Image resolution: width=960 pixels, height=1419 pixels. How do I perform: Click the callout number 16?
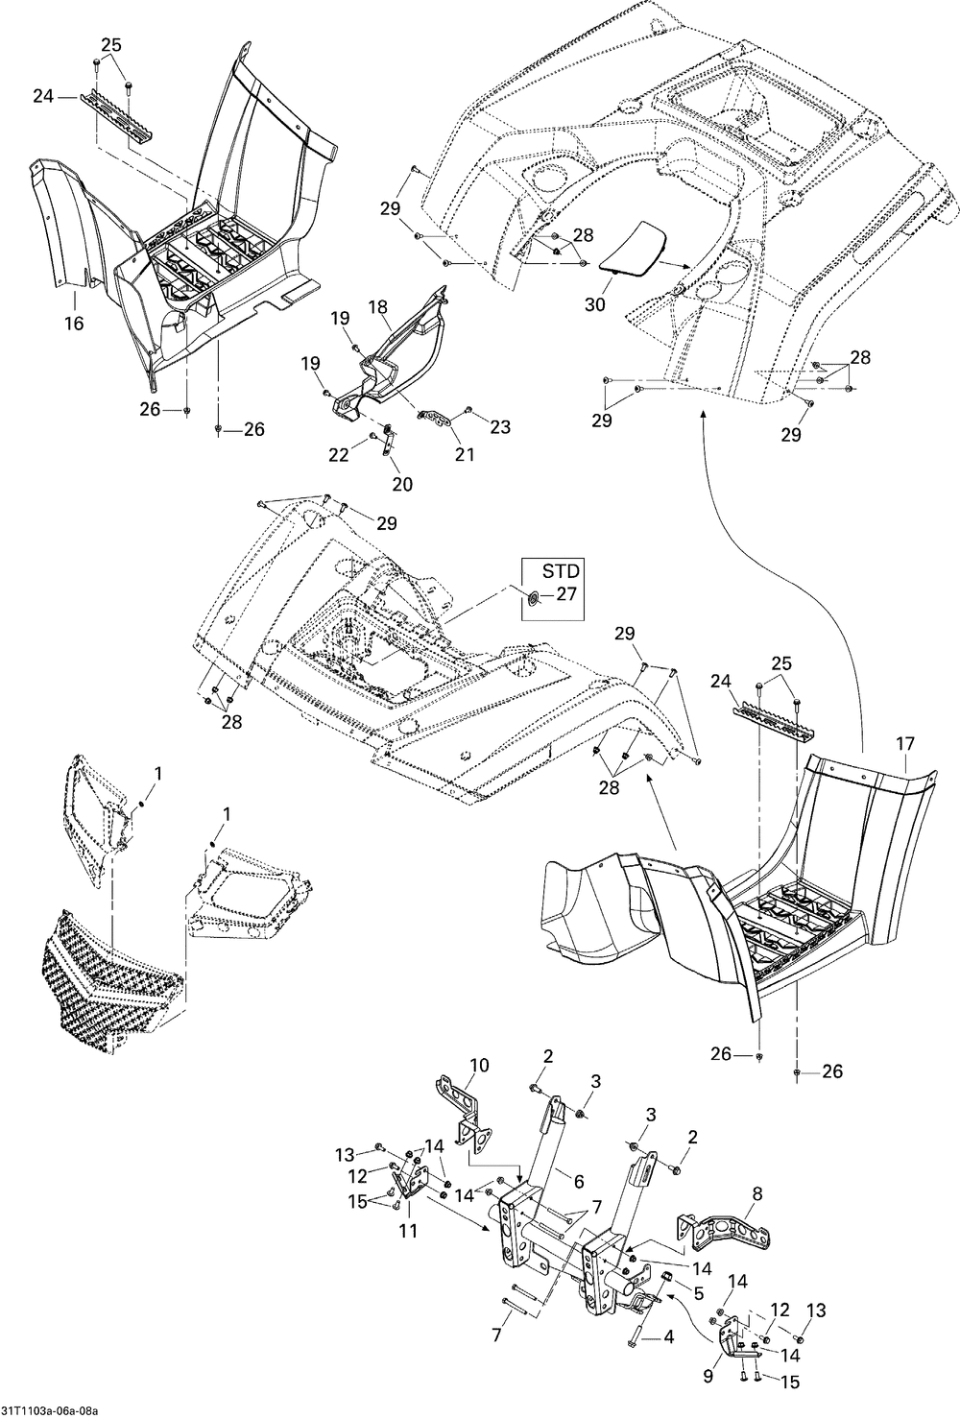74,324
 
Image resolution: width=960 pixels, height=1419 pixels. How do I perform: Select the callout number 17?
905,742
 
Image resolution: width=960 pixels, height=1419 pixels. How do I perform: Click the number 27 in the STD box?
566,594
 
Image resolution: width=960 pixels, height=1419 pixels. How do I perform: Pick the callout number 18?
377,307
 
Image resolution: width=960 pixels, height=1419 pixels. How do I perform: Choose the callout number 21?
465,454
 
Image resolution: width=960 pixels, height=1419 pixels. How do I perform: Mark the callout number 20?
402,484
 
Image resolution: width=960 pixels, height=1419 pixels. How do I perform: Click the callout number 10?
478,1065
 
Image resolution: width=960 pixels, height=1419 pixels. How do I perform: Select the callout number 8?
756,1194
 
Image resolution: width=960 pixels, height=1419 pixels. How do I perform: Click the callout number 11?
408,1230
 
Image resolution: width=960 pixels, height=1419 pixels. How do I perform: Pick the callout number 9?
708,1376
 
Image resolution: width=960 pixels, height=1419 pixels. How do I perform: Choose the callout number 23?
500,427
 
